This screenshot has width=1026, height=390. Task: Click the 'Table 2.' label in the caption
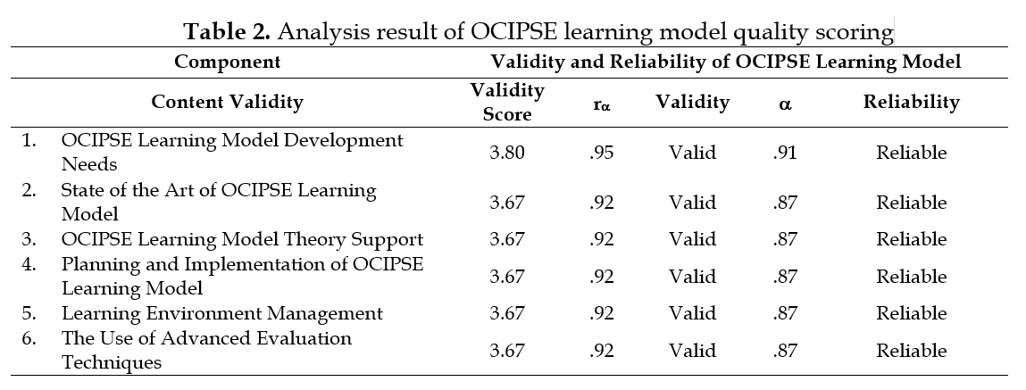click(x=227, y=33)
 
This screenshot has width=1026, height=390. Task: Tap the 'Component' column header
click(x=227, y=62)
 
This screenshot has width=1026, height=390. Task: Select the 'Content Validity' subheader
click(x=227, y=102)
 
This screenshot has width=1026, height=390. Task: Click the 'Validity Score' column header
click(x=506, y=102)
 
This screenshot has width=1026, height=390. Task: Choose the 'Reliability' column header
click(x=911, y=102)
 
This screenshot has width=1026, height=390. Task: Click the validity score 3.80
click(x=506, y=153)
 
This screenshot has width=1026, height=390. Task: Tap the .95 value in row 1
click(x=602, y=153)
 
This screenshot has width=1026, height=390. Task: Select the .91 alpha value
click(x=785, y=153)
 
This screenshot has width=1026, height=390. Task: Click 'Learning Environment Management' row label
click(x=221, y=313)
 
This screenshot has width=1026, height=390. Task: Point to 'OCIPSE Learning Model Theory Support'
click(x=242, y=239)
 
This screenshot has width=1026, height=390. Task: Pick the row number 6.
click(x=29, y=339)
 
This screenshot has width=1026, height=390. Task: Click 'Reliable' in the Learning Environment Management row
click(x=911, y=313)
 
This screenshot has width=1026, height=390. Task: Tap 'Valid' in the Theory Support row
click(x=692, y=239)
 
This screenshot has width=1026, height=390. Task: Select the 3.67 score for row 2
click(x=506, y=203)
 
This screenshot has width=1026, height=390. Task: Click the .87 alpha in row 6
click(x=785, y=351)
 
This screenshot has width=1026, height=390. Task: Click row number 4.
click(x=29, y=265)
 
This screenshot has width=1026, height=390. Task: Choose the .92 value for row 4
click(x=602, y=277)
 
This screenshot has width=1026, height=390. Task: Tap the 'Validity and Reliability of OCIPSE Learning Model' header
click(x=725, y=62)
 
